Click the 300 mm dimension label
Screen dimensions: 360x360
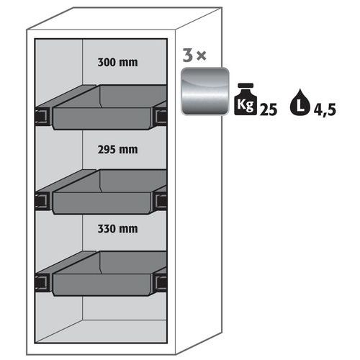(x=117, y=63)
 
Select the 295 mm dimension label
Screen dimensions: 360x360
(x=117, y=150)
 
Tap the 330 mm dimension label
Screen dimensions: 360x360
(x=117, y=229)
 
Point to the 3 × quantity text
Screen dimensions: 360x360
(x=194, y=55)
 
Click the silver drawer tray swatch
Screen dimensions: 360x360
(x=205, y=91)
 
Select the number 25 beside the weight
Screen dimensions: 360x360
(x=269, y=109)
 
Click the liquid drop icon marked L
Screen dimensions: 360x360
(x=300, y=102)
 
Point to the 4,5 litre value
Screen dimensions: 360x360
(x=325, y=110)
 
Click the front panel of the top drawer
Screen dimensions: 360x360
(x=102, y=118)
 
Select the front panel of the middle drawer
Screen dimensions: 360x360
(x=102, y=203)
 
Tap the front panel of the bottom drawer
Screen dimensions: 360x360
(x=102, y=285)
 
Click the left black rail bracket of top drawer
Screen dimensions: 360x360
(x=42, y=117)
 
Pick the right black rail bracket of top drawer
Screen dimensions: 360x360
(x=161, y=117)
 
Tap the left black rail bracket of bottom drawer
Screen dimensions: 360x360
(x=42, y=283)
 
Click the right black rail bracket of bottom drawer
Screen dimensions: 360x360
(x=161, y=283)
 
